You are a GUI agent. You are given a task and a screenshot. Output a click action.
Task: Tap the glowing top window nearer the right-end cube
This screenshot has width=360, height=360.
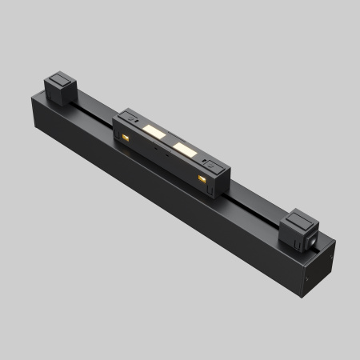185,149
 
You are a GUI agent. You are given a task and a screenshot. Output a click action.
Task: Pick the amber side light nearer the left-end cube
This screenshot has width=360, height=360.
125,141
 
